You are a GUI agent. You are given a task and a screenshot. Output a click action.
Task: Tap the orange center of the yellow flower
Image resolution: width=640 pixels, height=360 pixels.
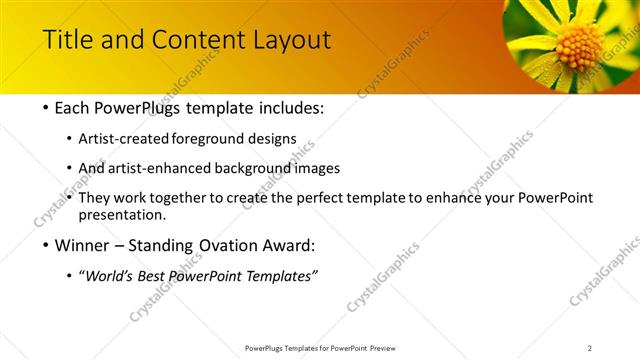click(x=579, y=45)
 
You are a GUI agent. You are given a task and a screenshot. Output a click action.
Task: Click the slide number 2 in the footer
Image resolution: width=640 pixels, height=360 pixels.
click(x=590, y=348)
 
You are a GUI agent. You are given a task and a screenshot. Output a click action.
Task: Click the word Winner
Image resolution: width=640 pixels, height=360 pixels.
click(x=78, y=245)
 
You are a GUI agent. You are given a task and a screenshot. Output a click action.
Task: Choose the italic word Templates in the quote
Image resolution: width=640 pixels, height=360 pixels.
click(x=275, y=276)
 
